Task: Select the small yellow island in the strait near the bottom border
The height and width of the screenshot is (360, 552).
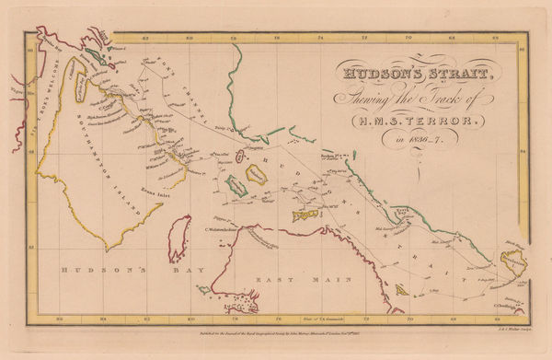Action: pyautogui.click(x=402, y=289)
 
